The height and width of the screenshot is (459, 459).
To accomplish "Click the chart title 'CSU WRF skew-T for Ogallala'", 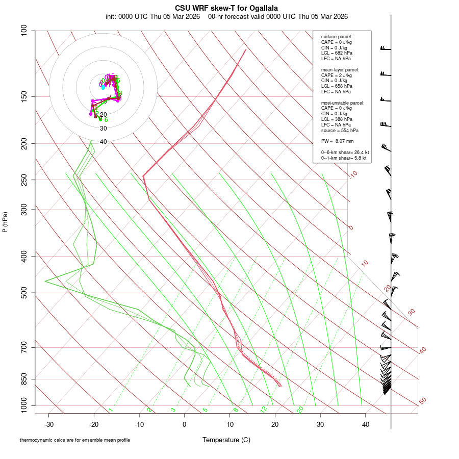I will [226, 8].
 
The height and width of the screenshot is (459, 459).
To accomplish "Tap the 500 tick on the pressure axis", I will [24, 293].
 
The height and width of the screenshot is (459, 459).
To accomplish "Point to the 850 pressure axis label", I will [24, 379].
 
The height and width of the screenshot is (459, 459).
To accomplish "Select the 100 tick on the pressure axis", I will [24, 31].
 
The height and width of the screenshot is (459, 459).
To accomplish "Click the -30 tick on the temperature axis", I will [49, 424].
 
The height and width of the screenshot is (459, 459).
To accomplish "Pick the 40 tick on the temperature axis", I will [365, 424].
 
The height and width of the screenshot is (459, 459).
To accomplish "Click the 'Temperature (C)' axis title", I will [226, 440].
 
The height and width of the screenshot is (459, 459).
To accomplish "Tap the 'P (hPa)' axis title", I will [5, 222].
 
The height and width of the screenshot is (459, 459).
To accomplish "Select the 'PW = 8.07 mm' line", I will [337, 141].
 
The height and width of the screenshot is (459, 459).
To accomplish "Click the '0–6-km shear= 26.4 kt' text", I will [345, 152].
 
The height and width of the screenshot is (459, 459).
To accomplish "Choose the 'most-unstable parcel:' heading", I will [343, 103].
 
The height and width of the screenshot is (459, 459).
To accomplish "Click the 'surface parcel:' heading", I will [337, 37].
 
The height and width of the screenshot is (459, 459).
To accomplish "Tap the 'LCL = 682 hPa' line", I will [336, 53].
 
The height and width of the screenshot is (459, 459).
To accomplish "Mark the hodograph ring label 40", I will [104, 142].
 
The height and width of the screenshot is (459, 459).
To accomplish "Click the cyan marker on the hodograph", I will [103, 87].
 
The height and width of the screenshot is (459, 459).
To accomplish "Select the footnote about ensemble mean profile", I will [75, 440].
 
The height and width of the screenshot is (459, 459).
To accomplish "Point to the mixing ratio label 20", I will [300, 409].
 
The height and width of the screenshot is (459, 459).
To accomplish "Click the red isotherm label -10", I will [352, 174].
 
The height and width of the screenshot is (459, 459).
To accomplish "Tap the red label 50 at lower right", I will [422, 401].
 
